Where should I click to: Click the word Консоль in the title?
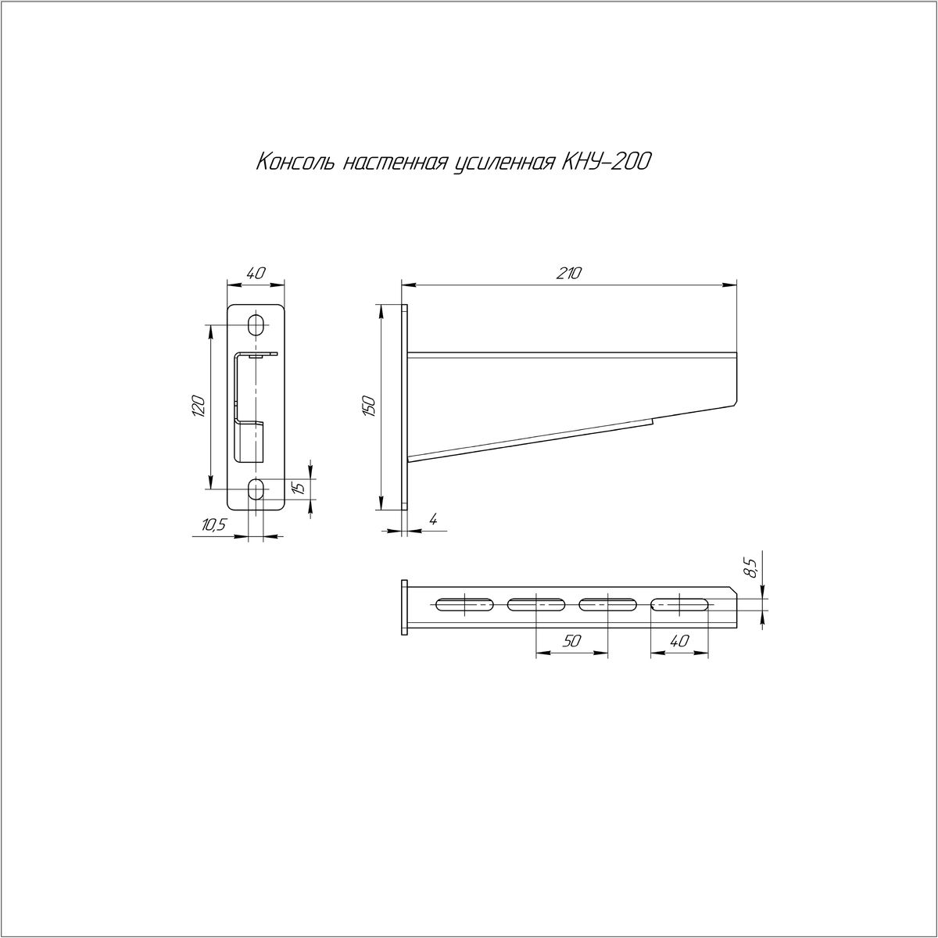point(295,162)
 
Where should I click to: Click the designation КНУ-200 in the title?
point(606,162)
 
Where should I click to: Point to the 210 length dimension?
point(569,274)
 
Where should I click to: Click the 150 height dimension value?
point(368,406)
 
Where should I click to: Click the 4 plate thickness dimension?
point(433,521)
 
